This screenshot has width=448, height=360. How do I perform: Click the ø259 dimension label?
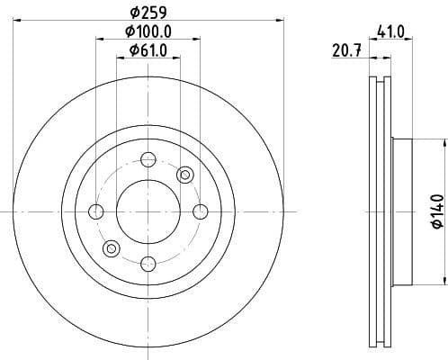click(x=148, y=13)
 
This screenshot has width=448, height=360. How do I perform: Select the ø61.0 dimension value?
click(x=148, y=50)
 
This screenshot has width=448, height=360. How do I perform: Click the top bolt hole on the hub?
click(x=148, y=160)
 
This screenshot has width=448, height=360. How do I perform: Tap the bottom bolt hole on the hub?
click(x=148, y=263)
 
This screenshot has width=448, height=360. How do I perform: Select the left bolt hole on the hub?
click(x=96, y=211)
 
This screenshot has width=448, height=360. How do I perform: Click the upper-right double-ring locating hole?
click(x=185, y=175)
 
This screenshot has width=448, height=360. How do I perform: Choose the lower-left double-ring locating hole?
click(x=112, y=248)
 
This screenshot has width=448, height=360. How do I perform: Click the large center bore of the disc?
click(x=148, y=211)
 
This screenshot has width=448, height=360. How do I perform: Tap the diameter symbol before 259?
click(x=133, y=13)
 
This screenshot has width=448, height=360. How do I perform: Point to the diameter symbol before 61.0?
click(x=131, y=50)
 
